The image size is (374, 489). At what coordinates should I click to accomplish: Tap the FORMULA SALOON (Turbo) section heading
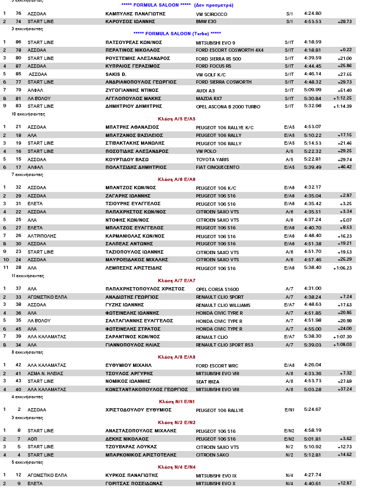[177, 33]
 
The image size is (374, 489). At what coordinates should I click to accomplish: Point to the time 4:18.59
[312, 42]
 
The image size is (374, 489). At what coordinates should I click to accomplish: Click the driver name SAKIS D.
[116, 74]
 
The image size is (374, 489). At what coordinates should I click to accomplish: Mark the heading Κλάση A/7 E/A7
[177, 281]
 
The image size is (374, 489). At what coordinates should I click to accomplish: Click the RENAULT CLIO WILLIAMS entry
[223, 305]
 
